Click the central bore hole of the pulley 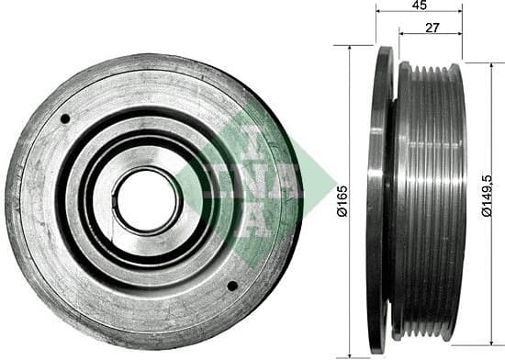148,200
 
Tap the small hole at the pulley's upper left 65,118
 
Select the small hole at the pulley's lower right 231,286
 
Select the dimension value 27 430,28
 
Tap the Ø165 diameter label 341,200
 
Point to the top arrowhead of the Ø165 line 350,48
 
